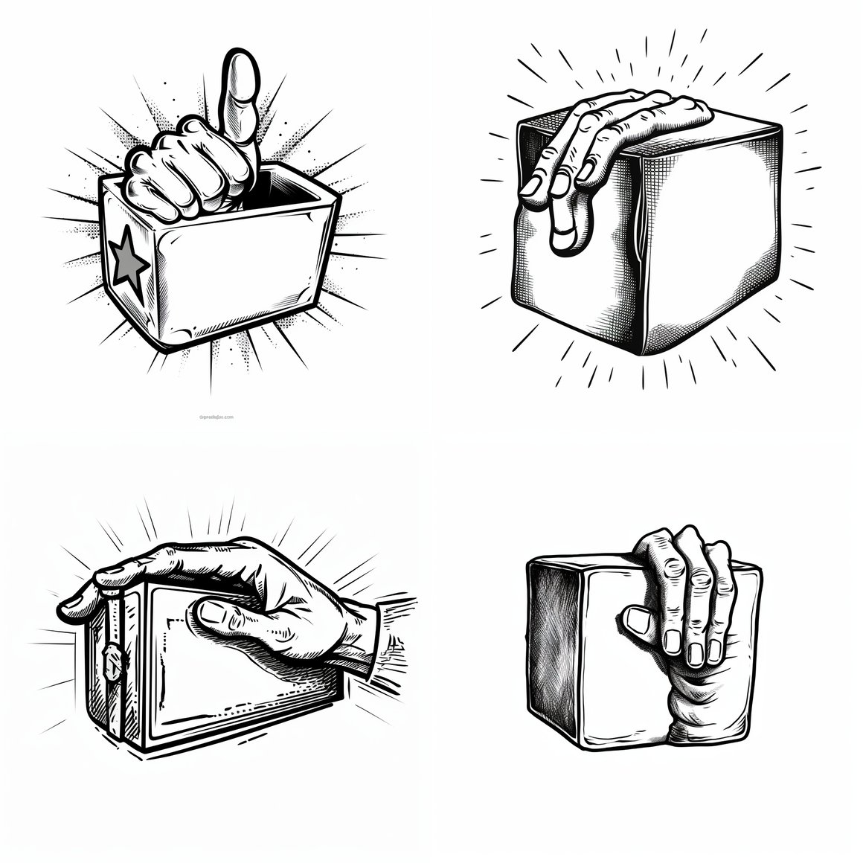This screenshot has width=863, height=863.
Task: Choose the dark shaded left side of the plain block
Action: (554, 640)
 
